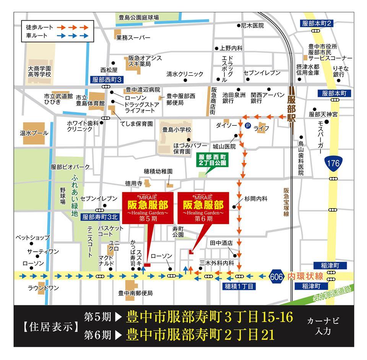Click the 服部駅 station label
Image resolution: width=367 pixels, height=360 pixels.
coord(292,108)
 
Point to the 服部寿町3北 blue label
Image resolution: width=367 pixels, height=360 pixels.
coord(100,217)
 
